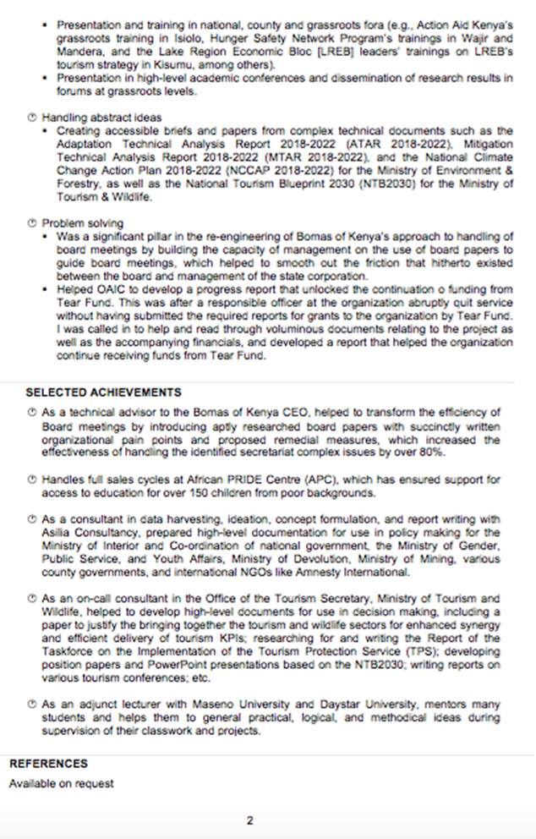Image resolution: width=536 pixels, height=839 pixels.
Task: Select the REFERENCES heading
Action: point(48,764)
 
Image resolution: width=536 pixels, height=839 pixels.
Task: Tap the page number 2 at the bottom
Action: point(250,820)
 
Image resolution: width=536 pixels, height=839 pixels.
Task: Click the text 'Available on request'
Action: point(61,783)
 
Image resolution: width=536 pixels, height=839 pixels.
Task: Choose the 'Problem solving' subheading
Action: point(82,222)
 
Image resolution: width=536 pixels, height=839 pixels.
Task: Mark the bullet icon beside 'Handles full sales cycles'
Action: point(31,480)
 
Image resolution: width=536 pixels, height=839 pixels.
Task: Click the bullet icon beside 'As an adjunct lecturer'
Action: point(31,705)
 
